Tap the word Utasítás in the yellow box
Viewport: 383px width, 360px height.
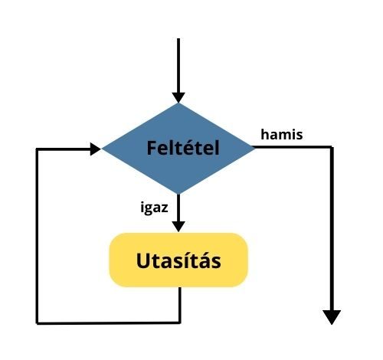coord(178,260)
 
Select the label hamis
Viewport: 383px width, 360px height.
coord(281,135)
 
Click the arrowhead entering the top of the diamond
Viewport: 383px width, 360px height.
coord(178,97)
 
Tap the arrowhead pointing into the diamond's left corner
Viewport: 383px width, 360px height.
coord(95,149)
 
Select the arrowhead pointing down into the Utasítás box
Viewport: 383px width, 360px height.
coord(178,227)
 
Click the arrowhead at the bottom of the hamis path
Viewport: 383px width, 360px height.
coord(332,316)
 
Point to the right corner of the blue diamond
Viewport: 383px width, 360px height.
coord(255,148)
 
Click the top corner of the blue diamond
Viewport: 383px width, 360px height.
coord(178,103)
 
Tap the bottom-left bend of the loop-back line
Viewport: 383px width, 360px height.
coord(38,322)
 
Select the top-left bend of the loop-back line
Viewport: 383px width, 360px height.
coord(38,149)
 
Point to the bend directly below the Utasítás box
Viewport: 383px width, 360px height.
coord(179,322)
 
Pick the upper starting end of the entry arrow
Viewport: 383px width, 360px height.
coord(178,38)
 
